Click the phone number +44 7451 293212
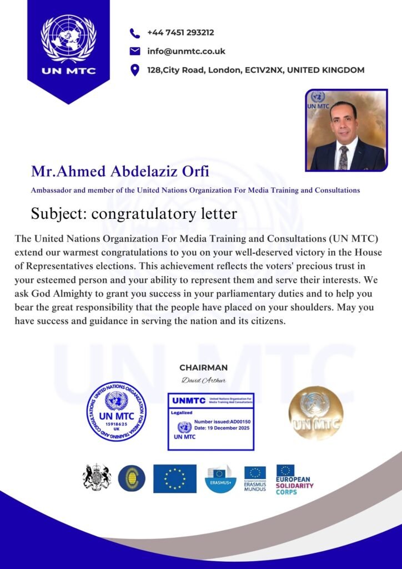click(180, 33)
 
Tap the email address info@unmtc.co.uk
click(186, 51)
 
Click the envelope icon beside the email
click(134, 51)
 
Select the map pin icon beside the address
click(134, 70)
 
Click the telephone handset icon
click(134, 33)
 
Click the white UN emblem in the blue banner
click(69, 37)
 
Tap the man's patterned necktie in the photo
click(344, 157)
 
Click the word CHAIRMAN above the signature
click(203, 367)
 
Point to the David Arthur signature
click(203, 380)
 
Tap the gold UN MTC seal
click(315, 413)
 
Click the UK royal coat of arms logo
click(97, 477)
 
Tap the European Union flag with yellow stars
click(175, 478)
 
